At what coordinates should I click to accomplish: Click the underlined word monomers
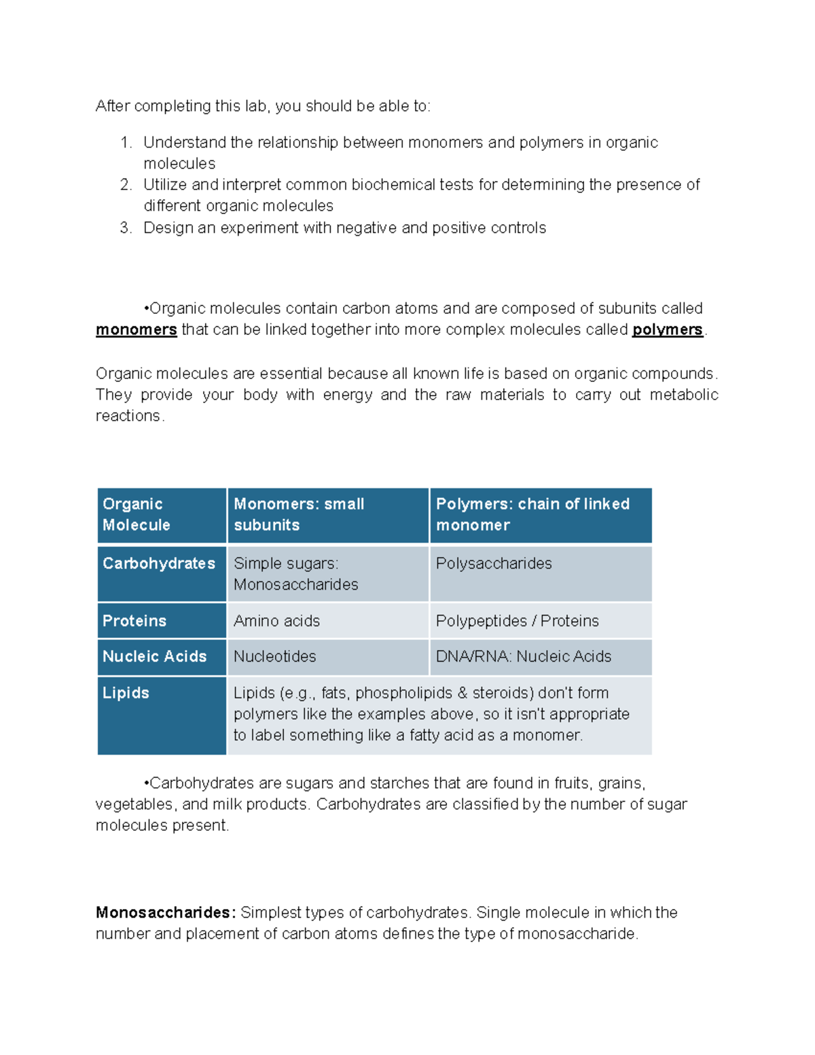pyautogui.click(x=136, y=330)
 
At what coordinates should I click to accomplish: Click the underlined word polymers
pyautogui.click(x=667, y=330)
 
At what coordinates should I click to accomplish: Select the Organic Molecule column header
pyautogui.click(x=162, y=515)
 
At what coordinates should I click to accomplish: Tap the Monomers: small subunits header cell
pyautogui.click(x=328, y=515)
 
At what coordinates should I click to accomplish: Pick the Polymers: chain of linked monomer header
pyautogui.click(x=540, y=515)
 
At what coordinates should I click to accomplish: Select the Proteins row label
pyautogui.click(x=134, y=621)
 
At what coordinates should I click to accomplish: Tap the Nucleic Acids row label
pyautogui.click(x=155, y=657)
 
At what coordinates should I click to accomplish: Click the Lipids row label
pyautogui.click(x=126, y=693)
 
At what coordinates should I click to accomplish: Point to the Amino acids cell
pyautogui.click(x=276, y=621)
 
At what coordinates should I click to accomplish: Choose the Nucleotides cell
pyautogui.click(x=275, y=657)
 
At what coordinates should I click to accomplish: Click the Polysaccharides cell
pyautogui.click(x=494, y=564)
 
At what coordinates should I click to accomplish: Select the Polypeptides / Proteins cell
pyautogui.click(x=517, y=621)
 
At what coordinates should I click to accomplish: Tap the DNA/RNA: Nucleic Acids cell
pyautogui.click(x=523, y=657)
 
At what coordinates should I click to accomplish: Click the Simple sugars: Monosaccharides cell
pyautogui.click(x=295, y=574)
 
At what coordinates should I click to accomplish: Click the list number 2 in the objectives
pyautogui.click(x=125, y=185)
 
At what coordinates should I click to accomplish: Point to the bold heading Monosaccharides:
pyautogui.click(x=166, y=913)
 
